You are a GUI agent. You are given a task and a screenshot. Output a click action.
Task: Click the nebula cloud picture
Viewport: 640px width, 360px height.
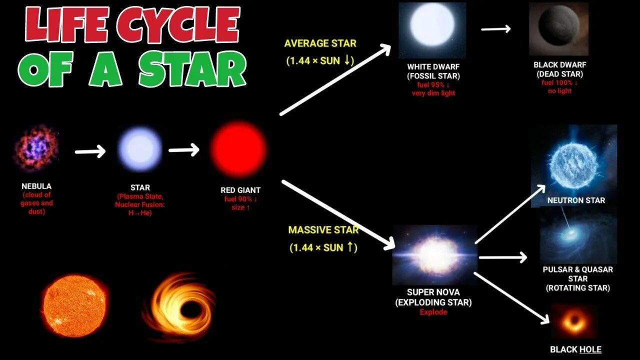(36, 148)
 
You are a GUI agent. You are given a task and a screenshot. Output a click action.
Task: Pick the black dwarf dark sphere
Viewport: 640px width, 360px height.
(558, 29)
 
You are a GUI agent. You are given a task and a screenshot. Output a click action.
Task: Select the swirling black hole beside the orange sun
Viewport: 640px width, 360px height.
(180, 302)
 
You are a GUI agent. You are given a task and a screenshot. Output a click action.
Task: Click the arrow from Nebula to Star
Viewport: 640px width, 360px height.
(90, 151)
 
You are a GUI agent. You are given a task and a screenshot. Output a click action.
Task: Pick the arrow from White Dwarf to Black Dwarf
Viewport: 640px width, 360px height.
(496, 29)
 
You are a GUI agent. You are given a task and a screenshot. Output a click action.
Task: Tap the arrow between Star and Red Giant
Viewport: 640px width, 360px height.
(184, 150)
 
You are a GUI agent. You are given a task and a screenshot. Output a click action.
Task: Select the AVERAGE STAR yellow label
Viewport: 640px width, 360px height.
(320, 43)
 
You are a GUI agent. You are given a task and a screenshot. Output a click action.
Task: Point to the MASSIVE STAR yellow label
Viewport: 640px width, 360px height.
(323, 230)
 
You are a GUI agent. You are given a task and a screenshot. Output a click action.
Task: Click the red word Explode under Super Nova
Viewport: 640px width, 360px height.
(433, 312)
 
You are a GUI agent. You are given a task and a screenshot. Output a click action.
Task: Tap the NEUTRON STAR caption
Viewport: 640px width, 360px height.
(576, 200)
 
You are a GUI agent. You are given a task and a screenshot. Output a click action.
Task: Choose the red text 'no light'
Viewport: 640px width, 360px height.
(560, 91)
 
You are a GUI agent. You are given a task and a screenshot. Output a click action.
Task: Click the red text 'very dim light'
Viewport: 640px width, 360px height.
(433, 93)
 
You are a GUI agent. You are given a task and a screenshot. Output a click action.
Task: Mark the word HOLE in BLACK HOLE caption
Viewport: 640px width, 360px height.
(590, 349)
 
